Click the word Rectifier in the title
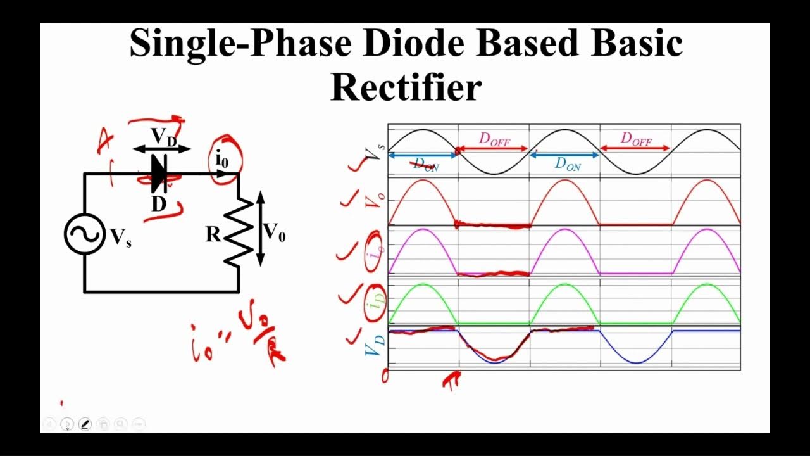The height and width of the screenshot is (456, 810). click(x=406, y=87)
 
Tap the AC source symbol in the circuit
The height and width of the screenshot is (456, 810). click(x=84, y=234)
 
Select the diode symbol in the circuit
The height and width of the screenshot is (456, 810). click(x=159, y=173)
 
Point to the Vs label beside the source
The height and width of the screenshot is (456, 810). click(x=121, y=237)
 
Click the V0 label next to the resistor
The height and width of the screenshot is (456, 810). click(x=274, y=232)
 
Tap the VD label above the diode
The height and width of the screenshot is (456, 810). click(x=163, y=136)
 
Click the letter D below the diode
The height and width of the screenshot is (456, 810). click(x=158, y=204)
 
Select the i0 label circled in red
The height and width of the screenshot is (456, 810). click(x=222, y=160)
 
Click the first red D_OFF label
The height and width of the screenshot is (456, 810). click(x=494, y=139)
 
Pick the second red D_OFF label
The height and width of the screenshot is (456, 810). click(x=635, y=139)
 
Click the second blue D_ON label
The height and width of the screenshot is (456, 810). click(x=568, y=163)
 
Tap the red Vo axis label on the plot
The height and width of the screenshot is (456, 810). click(x=375, y=201)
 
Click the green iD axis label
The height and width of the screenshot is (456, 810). click(x=376, y=303)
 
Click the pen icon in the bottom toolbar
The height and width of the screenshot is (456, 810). click(x=85, y=424)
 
